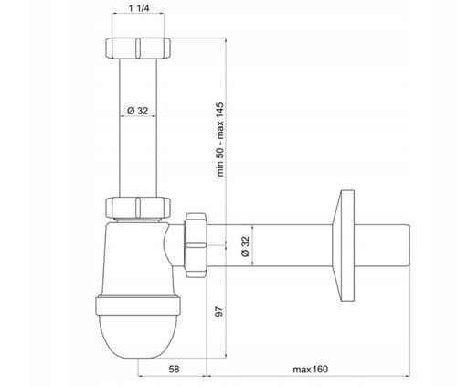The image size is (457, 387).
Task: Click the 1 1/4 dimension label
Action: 139,8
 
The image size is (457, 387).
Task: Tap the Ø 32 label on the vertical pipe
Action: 138,111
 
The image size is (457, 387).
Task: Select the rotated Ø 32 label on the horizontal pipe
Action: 245,246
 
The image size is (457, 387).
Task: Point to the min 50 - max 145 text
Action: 220,139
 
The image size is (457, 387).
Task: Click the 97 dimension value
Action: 219,311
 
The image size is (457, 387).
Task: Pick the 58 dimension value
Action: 174,370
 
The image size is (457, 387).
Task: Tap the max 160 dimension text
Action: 311,370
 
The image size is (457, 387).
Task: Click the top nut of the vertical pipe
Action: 138,48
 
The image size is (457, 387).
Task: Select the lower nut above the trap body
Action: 138,208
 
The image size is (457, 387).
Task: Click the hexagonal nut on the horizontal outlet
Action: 196,245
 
